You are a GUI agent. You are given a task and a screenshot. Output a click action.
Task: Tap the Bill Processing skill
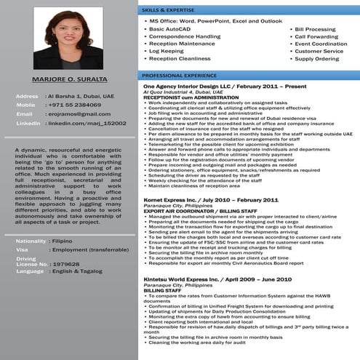point(315,29)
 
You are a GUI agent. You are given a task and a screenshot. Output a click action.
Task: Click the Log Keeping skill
point(167,51)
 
